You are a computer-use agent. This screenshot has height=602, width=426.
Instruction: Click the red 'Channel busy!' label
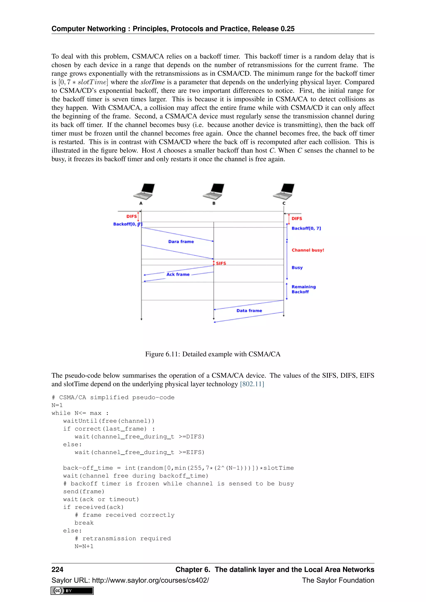308,250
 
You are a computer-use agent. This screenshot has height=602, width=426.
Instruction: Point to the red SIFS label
221,263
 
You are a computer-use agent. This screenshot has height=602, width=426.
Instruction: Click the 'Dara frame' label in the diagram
181,242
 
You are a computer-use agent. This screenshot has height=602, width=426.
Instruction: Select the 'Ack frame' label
178,274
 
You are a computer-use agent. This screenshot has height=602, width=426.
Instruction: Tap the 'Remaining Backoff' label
303,289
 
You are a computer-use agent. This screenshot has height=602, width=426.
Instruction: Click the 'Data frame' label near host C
249,310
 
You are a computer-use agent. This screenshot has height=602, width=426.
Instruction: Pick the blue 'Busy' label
297,268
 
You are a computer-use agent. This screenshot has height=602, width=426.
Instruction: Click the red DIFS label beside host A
131,216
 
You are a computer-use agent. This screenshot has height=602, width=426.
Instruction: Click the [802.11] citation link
252,384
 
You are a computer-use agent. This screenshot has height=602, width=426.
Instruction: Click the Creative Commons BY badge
72,591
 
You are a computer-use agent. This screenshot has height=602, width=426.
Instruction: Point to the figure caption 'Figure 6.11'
213,354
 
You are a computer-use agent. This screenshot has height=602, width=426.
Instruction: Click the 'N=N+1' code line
84,546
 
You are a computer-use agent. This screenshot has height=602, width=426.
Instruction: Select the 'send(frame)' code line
84,491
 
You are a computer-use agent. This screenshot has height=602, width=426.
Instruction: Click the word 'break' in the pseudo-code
84,523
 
